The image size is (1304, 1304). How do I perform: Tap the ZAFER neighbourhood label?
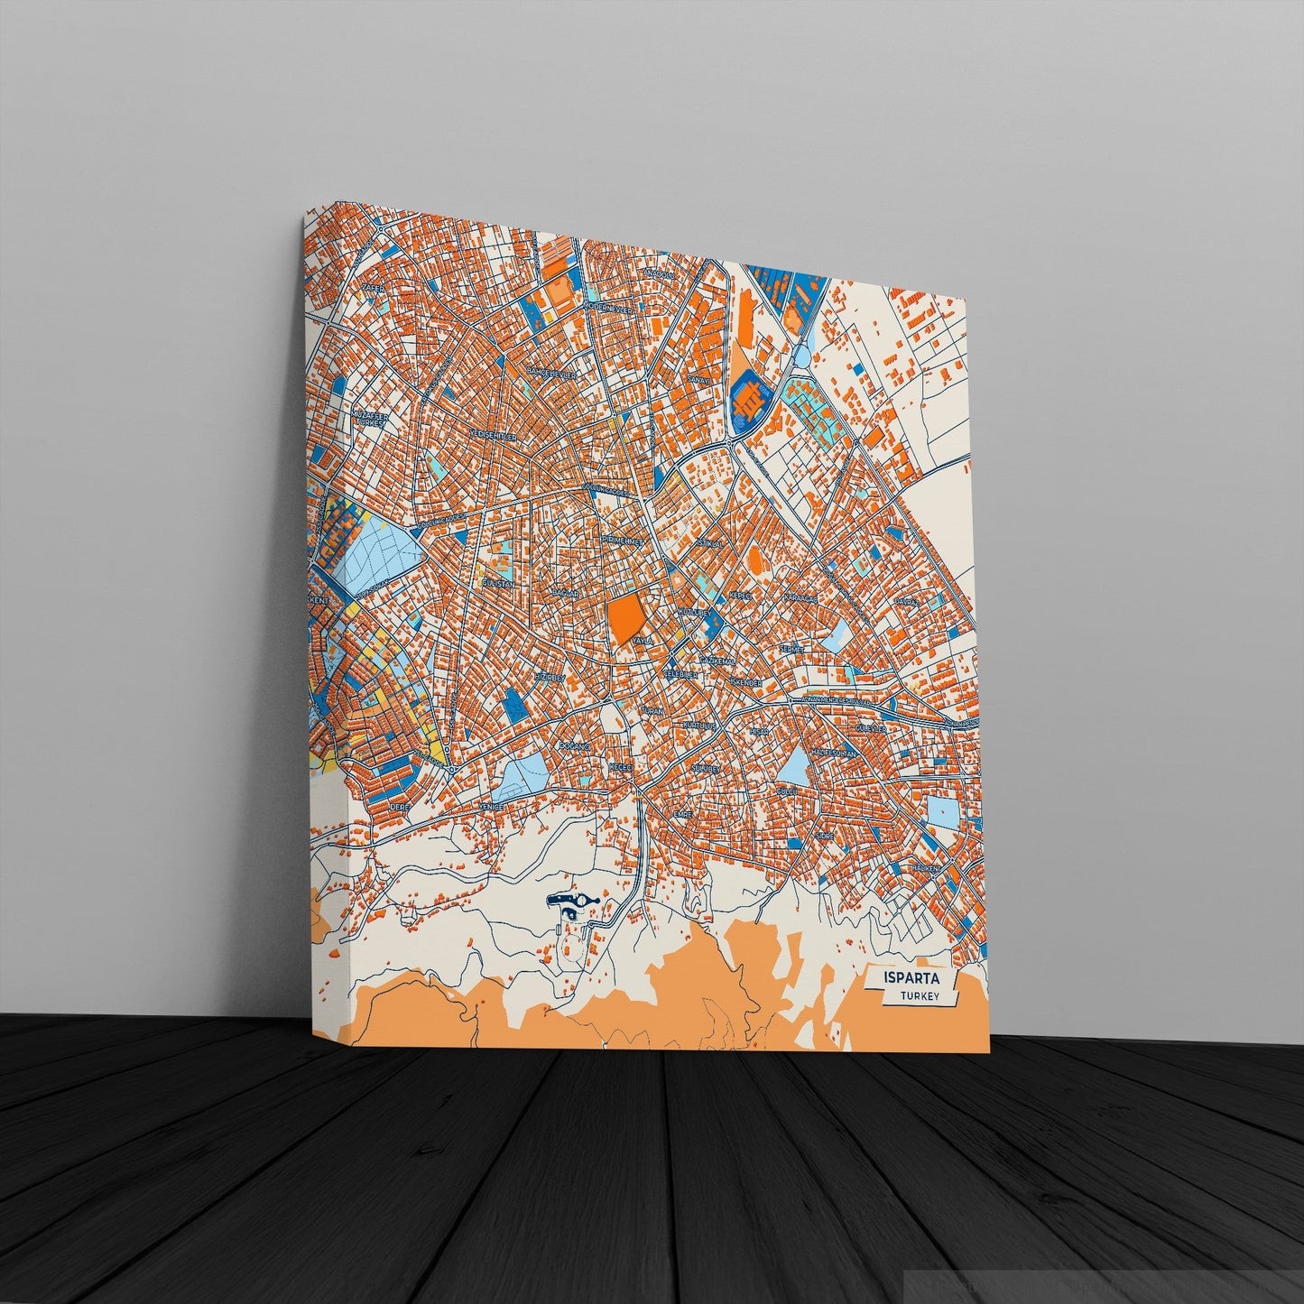point(372,287)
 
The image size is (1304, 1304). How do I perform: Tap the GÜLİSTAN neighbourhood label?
point(498,584)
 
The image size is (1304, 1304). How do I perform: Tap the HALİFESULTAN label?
point(834,751)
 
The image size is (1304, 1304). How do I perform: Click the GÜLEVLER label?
point(873,727)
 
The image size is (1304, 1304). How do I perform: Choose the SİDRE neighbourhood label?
point(824,837)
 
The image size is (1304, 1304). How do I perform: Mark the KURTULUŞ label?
point(699,725)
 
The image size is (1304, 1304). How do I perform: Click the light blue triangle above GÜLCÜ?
point(795,767)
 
